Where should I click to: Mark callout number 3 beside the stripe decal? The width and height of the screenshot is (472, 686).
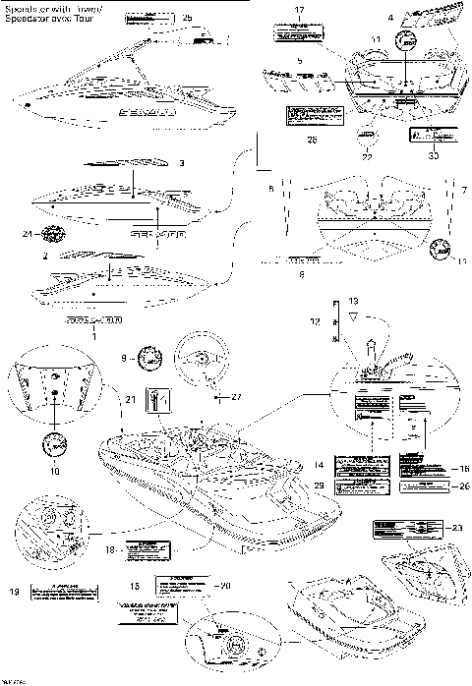pyautogui.click(x=182, y=161)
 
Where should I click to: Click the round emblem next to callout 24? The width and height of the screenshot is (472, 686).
pyautogui.click(x=57, y=234)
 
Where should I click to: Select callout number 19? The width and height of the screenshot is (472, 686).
pyautogui.click(x=13, y=592)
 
